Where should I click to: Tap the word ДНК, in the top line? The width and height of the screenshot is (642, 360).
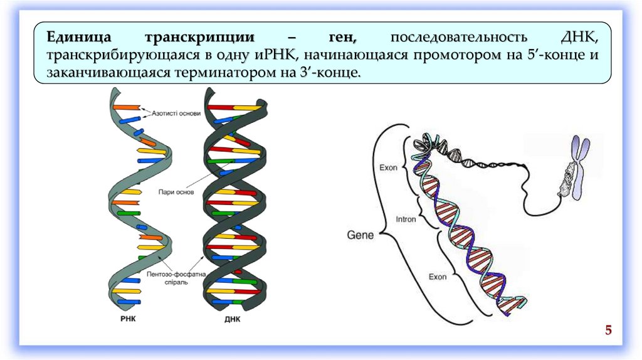[x=581, y=36]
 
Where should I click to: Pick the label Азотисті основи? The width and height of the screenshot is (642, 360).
[x=177, y=114]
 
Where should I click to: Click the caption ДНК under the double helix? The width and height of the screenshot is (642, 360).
[x=232, y=319]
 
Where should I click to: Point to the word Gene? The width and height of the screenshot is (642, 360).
[x=360, y=235]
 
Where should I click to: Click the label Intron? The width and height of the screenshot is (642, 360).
[x=406, y=220]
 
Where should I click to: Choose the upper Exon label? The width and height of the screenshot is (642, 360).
[x=389, y=167]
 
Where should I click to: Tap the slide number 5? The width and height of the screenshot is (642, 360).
[x=608, y=331]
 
